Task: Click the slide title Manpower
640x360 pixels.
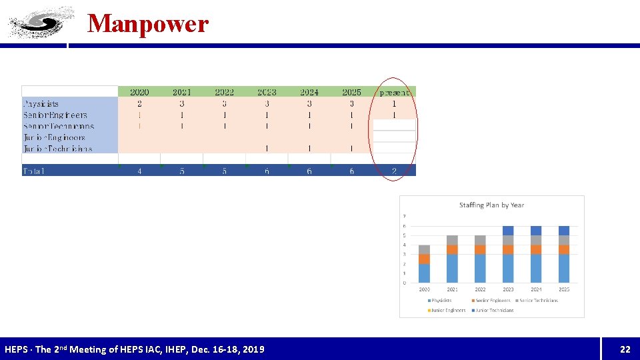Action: (148, 24)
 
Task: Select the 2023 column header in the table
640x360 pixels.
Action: (267, 92)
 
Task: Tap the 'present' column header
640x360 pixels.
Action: (394, 92)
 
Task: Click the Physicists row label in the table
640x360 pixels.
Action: (41, 104)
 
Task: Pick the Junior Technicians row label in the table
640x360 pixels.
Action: (58, 149)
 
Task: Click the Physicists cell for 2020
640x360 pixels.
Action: (139, 104)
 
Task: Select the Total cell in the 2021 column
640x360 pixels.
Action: (182, 171)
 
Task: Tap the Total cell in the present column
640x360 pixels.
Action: (394, 171)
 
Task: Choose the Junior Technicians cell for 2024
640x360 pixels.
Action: (309, 149)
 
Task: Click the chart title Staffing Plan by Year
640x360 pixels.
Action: (491, 205)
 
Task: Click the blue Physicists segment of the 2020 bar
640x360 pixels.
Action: (424, 273)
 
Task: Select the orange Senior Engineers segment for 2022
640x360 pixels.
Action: (480, 249)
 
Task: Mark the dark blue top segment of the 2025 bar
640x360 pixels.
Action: (564, 231)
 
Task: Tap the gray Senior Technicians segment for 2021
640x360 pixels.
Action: (452, 240)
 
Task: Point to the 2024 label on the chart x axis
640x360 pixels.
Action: (536, 289)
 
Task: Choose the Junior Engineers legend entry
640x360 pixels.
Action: (449, 310)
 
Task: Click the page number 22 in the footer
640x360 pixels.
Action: (625, 349)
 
